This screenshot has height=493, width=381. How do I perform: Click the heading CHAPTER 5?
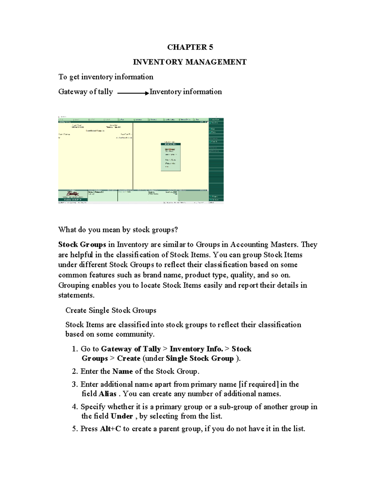(190, 47)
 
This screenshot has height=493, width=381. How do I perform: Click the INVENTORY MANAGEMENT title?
(190, 62)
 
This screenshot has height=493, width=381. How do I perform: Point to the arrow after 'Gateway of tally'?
(133, 93)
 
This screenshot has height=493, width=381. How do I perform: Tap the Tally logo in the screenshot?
(72, 194)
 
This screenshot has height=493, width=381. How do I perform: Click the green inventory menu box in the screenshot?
(170, 157)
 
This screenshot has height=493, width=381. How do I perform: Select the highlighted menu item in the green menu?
(170, 149)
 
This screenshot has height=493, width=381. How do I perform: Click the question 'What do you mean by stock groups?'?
(118, 230)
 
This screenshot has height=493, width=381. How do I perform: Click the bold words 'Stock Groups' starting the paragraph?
(82, 244)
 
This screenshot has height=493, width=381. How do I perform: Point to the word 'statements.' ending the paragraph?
(76, 295)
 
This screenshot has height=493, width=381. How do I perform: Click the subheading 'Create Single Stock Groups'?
(110, 310)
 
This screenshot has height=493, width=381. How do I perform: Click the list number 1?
(75, 349)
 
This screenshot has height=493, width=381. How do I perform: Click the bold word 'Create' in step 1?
(129, 358)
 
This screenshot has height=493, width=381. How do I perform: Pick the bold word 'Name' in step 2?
(123, 371)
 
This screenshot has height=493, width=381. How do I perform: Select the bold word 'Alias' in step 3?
(107, 394)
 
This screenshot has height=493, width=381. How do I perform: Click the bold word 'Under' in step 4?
(122, 416)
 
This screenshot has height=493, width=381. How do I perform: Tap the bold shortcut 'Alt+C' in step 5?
(110, 429)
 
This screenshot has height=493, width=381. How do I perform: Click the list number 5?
(75, 429)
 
